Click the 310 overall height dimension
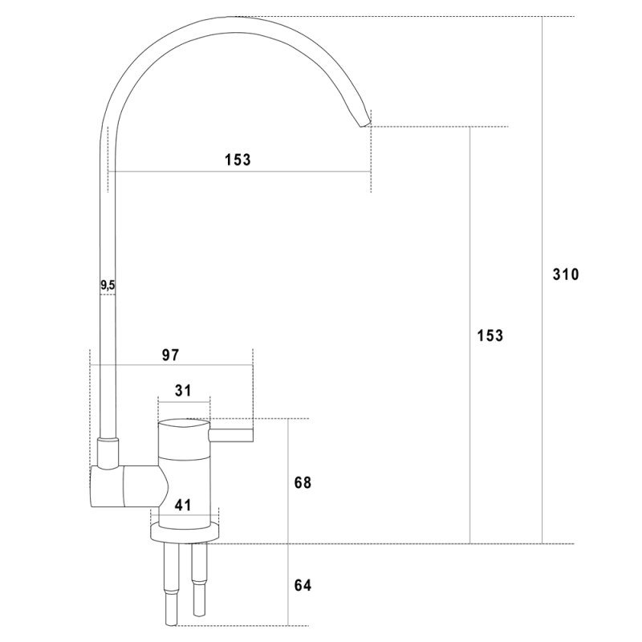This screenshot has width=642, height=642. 566,274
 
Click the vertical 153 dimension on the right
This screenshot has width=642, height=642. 490,335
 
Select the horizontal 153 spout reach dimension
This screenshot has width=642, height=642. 238,160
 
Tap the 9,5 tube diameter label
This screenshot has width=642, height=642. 108,286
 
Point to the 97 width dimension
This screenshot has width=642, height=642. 170,355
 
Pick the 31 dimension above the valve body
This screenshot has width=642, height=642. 183,391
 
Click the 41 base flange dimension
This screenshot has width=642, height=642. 183,506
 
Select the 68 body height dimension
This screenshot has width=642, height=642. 303,483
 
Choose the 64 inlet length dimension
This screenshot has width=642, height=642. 303,586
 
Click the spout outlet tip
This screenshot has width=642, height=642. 365,124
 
